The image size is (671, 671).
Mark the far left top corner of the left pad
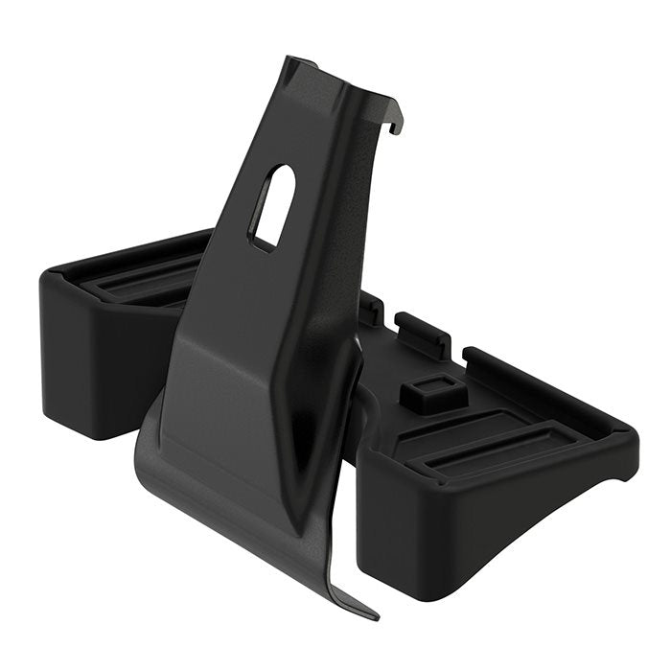(x=46, y=273)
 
